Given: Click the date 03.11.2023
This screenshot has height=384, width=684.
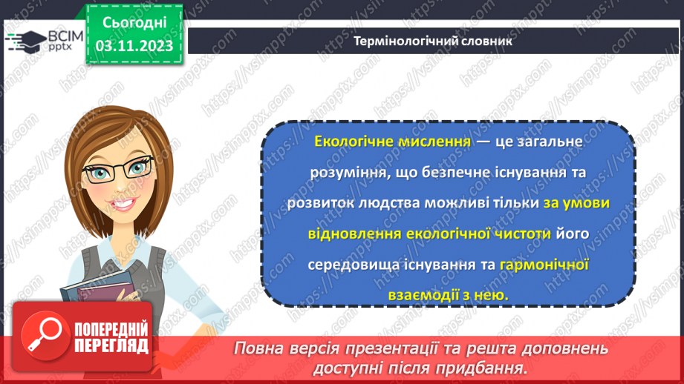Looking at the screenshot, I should (134, 46).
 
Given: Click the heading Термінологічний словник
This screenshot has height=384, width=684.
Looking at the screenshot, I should (433, 42).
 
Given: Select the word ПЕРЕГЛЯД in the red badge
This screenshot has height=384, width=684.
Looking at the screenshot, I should (111, 345).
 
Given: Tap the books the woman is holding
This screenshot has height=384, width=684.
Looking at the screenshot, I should (93, 285).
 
